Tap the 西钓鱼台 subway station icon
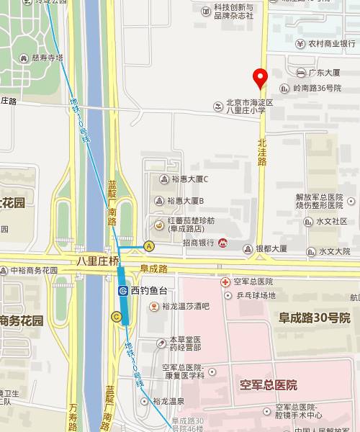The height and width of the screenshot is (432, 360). click(x=123, y=291)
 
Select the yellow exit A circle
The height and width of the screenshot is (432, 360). click(x=150, y=246)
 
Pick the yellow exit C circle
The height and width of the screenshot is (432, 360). click(x=116, y=316)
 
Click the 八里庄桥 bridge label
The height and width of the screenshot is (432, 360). click(x=97, y=261)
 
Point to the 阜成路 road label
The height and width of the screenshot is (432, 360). click(x=153, y=269)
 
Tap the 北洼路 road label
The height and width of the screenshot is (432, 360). click(x=262, y=152)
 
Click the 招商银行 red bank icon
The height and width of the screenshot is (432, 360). click(x=223, y=245)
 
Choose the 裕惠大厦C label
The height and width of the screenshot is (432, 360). click(x=187, y=179)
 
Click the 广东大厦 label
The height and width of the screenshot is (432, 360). click(x=323, y=73)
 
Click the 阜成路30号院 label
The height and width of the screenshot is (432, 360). click(x=315, y=318)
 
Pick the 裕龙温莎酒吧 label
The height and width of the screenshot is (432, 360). click(x=185, y=306)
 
